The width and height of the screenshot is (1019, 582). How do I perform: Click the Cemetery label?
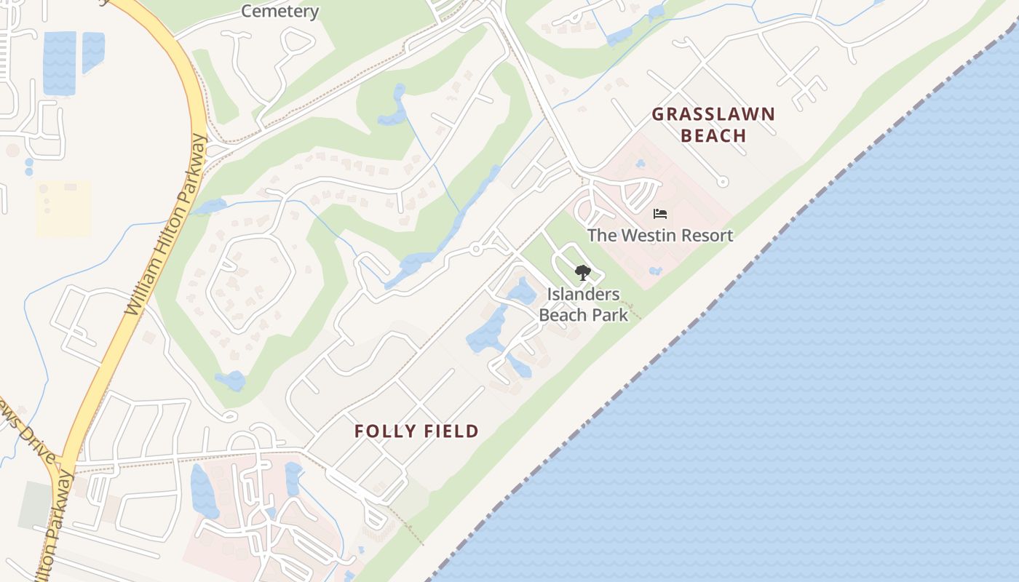pos(279,11)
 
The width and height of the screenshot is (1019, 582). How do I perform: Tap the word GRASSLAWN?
pos(713,114)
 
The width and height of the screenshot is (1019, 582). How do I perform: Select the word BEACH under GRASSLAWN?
pos(714,135)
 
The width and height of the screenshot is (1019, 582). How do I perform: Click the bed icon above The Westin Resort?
pos(660,214)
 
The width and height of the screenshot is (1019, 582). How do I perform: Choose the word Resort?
pos(707,235)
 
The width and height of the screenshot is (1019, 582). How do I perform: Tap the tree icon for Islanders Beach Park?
pos(582,273)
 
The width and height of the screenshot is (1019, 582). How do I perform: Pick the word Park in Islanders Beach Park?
pos(610,315)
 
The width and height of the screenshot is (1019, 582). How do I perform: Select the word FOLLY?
pos(381,431)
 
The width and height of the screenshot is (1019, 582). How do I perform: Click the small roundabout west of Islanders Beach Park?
pos(476,249)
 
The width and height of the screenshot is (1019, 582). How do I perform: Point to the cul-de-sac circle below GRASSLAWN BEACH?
pos(722,182)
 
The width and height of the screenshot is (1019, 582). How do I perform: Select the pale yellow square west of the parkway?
pos(63,208)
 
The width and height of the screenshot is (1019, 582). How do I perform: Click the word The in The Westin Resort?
pos(602,235)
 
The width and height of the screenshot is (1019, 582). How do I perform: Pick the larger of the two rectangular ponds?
pos(60,63)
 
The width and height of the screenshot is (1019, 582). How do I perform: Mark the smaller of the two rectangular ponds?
pos(92,52)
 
